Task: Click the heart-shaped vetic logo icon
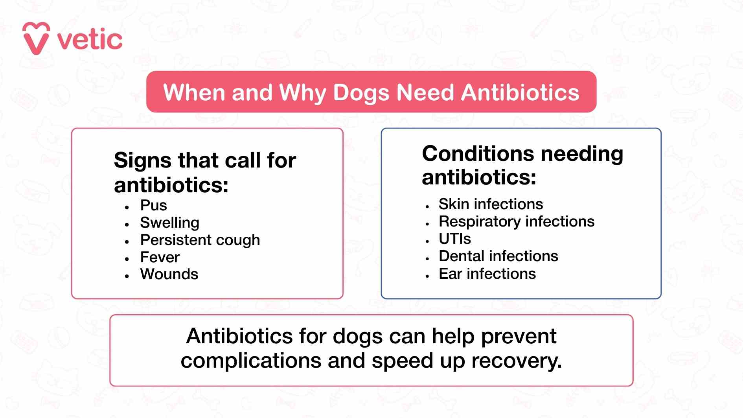(x=36, y=39)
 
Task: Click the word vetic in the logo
(x=90, y=40)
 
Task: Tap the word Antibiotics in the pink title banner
(x=520, y=92)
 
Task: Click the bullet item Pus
(x=153, y=205)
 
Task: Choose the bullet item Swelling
(x=169, y=223)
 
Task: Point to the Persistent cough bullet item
(x=200, y=240)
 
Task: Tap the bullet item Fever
(x=160, y=257)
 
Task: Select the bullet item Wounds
(x=169, y=274)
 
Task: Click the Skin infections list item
(x=490, y=204)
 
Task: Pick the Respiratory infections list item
(x=516, y=221)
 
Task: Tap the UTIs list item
(x=454, y=239)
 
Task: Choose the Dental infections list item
(x=498, y=256)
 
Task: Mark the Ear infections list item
(x=487, y=274)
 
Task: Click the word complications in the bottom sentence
(x=251, y=361)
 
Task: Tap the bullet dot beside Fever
(x=127, y=259)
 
